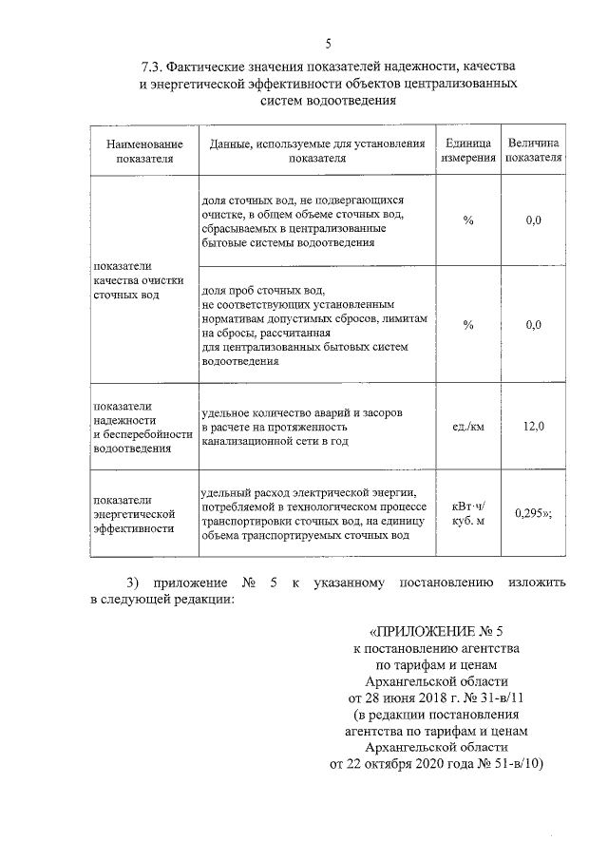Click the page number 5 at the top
(329, 44)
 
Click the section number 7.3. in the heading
(156, 68)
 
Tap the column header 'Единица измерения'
(467, 151)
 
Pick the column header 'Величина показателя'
(533, 151)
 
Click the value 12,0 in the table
(533, 426)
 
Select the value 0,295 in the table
(529, 513)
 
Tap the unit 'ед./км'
(467, 426)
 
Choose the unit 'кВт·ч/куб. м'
(467, 513)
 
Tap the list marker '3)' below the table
(134, 582)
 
